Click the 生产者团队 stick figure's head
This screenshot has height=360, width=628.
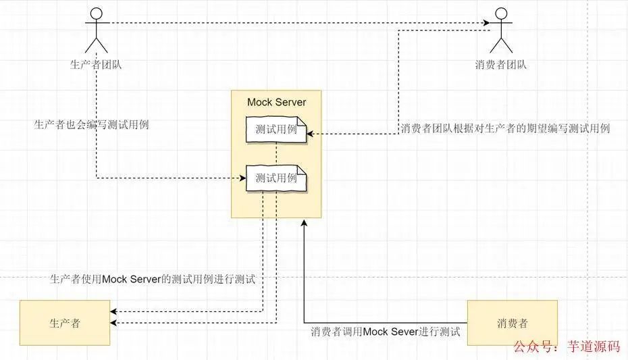pyautogui.click(x=97, y=14)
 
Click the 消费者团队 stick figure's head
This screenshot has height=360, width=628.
pyautogui.click(x=500, y=14)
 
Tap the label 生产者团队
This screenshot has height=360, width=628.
pyautogui.click(x=96, y=65)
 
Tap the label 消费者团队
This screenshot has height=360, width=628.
pyautogui.click(x=500, y=65)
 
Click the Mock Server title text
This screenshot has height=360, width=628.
pyautogui.click(x=276, y=103)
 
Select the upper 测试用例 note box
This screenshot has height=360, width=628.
pyautogui.click(x=276, y=130)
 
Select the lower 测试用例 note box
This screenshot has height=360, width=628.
pyautogui.click(x=276, y=178)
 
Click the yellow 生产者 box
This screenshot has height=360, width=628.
pyautogui.click(x=65, y=322)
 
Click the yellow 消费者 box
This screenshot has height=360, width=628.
pyautogui.click(x=512, y=322)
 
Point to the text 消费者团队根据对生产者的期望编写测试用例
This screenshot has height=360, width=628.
pyautogui.click(x=505, y=128)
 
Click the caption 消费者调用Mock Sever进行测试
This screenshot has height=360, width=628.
pyautogui.click(x=385, y=332)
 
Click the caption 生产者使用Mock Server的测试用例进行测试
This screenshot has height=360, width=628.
pyautogui.click(x=153, y=279)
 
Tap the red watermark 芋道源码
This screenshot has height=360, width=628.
pyautogui.click(x=594, y=346)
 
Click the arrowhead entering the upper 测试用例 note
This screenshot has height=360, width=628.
pyautogui.click(x=310, y=134)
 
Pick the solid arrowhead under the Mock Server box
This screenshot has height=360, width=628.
pyautogui.click(x=304, y=223)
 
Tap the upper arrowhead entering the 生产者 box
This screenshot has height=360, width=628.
pyautogui.click(x=114, y=311)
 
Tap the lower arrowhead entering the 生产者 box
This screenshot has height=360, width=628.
pyautogui.click(x=114, y=324)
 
